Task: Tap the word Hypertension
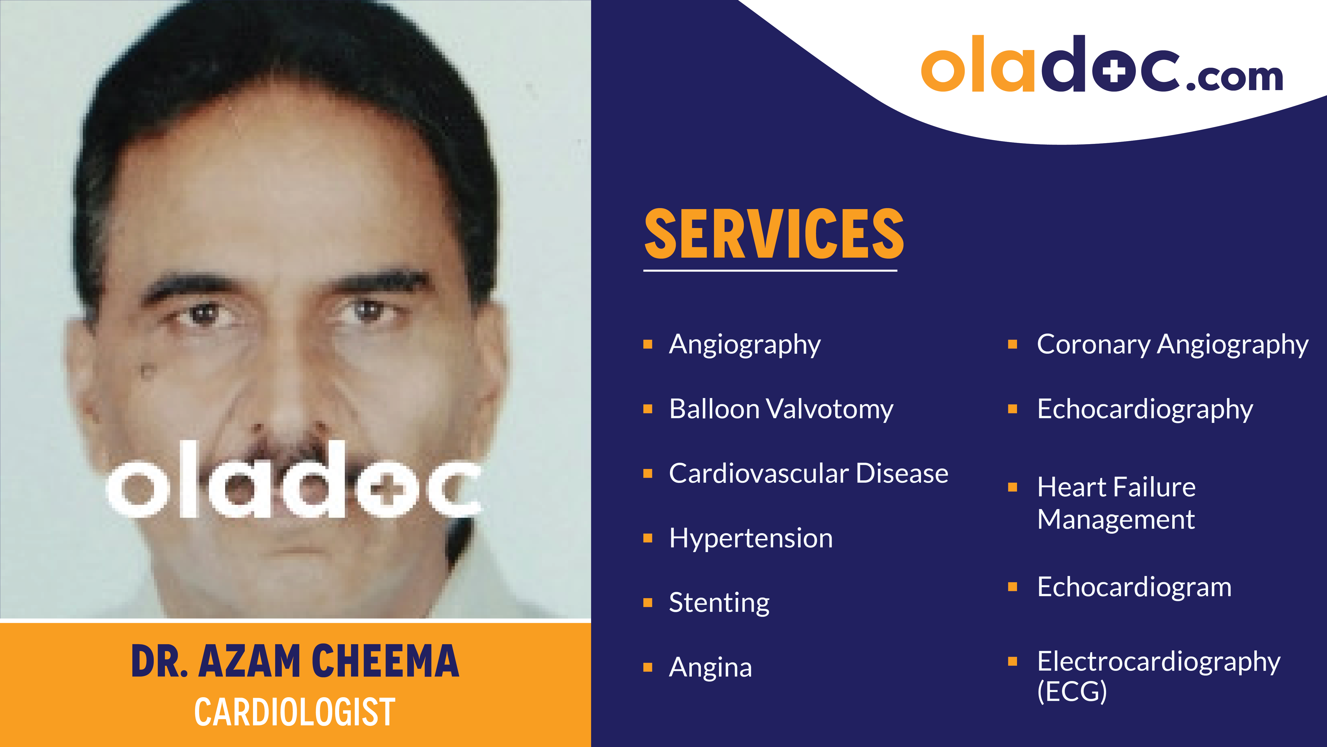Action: [x=751, y=538]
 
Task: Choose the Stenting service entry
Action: [x=719, y=603]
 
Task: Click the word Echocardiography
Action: [x=1145, y=409]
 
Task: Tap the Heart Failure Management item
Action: [x=1116, y=503]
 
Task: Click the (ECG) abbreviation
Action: [x=1072, y=691]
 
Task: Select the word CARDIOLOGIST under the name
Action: [x=295, y=712]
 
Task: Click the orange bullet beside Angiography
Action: [x=648, y=344]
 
